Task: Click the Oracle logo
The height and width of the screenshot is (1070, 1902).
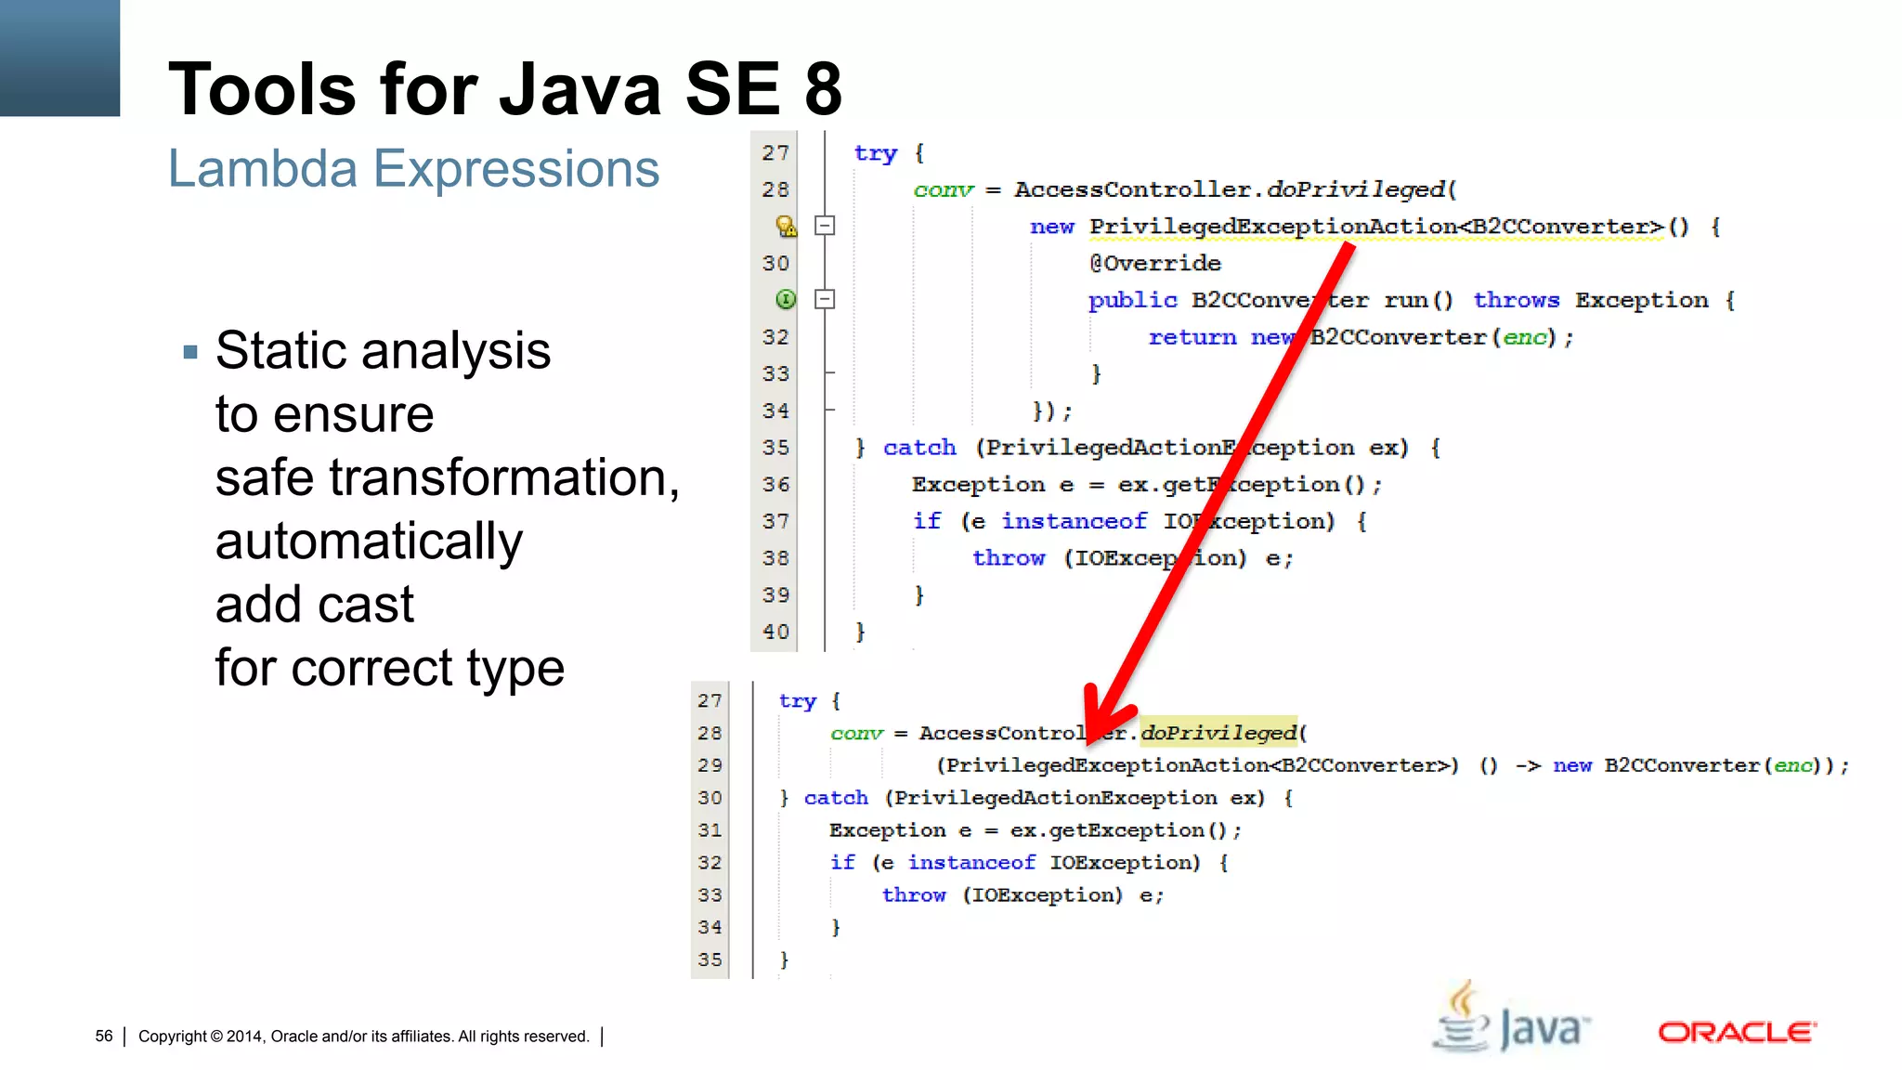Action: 1736,1032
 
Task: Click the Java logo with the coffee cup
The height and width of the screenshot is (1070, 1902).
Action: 1511,1021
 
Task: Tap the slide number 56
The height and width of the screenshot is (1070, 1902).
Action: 103,1036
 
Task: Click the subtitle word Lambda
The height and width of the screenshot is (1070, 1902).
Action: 262,169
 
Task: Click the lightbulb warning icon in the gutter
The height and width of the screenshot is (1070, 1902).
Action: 786,226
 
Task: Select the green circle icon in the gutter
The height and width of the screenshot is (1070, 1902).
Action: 786,299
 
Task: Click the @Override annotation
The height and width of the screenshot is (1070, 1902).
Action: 1154,264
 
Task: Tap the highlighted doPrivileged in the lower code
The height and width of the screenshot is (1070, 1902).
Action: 1218,733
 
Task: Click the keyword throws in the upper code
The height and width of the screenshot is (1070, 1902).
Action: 1516,300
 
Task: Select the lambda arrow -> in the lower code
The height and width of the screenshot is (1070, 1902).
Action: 1528,765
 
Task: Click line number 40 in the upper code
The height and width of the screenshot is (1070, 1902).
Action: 775,632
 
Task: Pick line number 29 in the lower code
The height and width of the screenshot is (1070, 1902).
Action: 710,765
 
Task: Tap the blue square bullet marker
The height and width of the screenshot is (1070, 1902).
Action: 190,352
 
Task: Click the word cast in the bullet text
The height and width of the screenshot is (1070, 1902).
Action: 369,605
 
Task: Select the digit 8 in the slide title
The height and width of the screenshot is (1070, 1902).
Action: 823,89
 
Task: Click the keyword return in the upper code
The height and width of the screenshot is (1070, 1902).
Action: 1192,337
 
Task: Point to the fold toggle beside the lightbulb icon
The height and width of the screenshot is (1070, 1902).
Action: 825,226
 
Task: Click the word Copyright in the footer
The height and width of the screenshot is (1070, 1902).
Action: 173,1037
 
